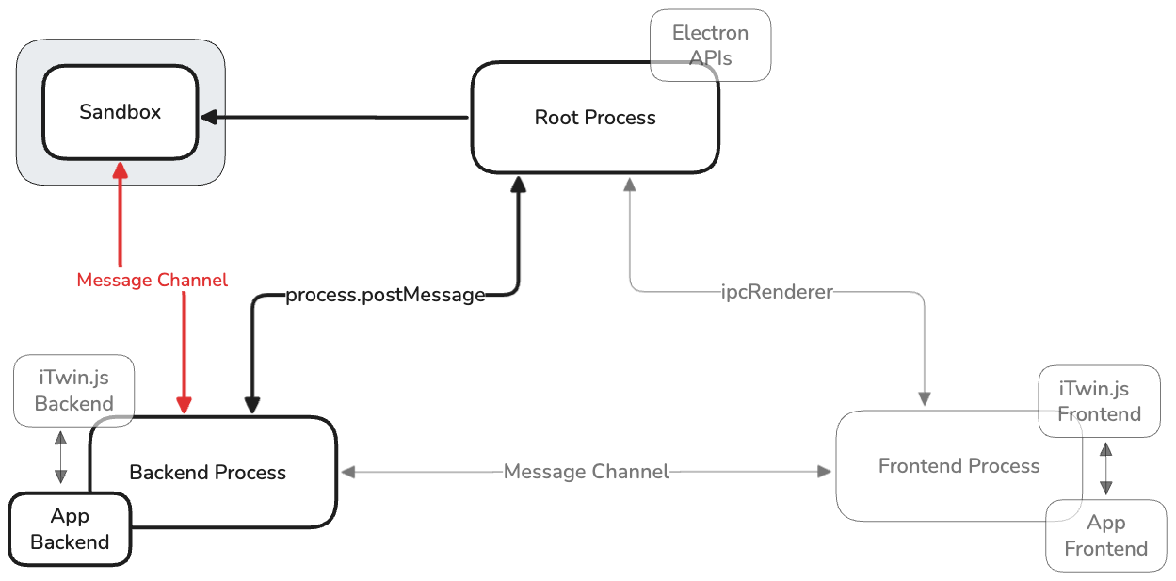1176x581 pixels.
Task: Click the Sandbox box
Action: click(120, 112)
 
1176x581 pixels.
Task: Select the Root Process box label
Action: click(595, 118)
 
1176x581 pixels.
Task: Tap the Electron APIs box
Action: click(710, 45)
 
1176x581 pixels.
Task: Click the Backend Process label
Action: click(207, 473)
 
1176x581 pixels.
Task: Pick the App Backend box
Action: click(70, 529)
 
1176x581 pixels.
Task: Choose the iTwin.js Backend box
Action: click(73, 391)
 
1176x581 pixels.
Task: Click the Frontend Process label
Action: click(959, 466)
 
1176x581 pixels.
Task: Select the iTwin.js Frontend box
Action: click(1099, 401)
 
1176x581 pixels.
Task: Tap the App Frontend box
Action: click(1105, 536)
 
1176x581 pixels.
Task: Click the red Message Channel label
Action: click(152, 281)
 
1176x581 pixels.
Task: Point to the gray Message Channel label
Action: click(586, 472)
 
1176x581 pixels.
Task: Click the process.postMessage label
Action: click(385, 296)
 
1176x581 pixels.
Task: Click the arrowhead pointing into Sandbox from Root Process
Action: click(209, 117)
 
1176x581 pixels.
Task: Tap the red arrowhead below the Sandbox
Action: click(121, 169)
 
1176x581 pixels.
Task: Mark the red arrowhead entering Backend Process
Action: click(185, 404)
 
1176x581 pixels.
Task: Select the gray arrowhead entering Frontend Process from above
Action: click(925, 399)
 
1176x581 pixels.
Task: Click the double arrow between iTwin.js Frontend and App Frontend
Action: click(1106, 468)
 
